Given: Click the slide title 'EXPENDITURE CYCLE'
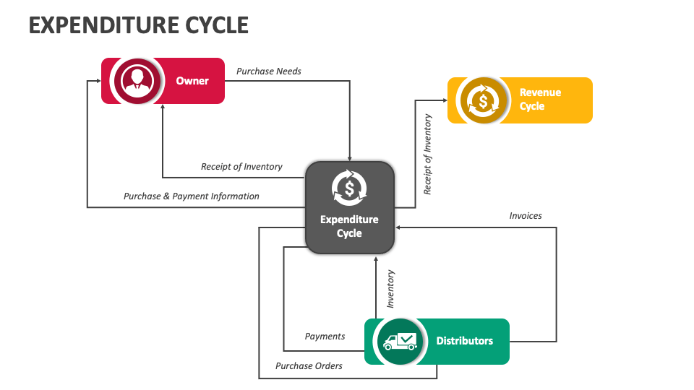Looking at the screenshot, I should pyautogui.click(x=138, y=25).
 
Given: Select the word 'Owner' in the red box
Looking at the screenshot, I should pyautogui.click(x=192, y=81).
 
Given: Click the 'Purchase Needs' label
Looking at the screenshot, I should pyautogui.click(x=269, y=71).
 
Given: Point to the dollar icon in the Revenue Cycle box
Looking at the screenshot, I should pyautogui.click(x=481, y=100).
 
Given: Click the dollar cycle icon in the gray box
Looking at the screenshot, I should pyautogui.click(x=349, y=188).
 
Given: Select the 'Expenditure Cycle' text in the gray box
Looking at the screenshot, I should pyautogui.click(x=349, y=226).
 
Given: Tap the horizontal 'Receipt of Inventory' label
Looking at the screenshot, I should pyautogui.click(x=241, y=167).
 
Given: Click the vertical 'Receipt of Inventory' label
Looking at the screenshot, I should pyautogui.click(x=427, y=154).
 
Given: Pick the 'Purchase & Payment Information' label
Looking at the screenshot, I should pyautogui.click(x=191, y=196).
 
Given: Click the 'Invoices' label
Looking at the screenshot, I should pyautogui.click(x=525, y=215).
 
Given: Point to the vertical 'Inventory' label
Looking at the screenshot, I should pyautogui.click(x=390, y=289).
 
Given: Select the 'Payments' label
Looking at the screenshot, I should pyautogui.click(x=325, y=336).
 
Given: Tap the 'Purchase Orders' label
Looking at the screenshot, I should pyautogui.click(x=309, y=365).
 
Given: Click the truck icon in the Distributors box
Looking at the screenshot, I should pyautogui.click(x=400, y=341).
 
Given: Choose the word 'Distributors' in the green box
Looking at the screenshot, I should pyautogui.click(x=464, y=341).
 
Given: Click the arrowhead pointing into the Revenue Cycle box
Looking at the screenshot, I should pyautogui.click(x=445, y=100).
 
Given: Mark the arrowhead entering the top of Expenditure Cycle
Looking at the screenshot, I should pyautogui.click(x=350, y=157).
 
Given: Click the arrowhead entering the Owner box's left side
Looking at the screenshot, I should pyautogui.click(x=98, y=81).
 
